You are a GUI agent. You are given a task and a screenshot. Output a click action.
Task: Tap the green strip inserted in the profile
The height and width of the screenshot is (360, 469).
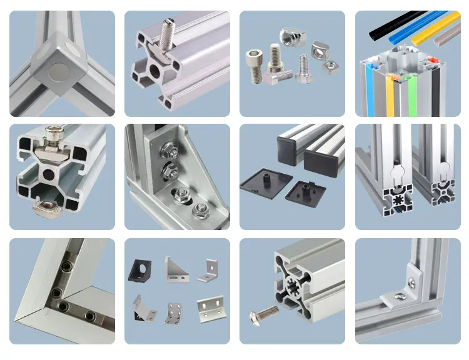(x=411, y=94)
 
